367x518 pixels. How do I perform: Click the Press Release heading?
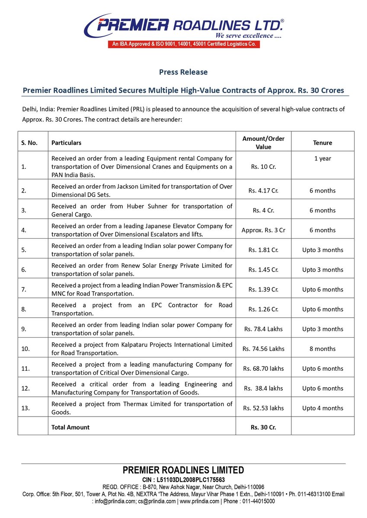click(183, 72)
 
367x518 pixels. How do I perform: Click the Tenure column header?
click(322, 142)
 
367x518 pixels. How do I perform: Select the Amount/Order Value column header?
click(263, 142)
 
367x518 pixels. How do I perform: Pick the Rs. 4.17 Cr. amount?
click(263, 190)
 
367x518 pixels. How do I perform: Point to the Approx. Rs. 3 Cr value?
click(263, 230)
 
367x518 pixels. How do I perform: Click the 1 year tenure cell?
click(322, 158)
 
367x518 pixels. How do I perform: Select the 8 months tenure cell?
click(322, 349)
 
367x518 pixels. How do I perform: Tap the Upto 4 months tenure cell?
click(322, 408)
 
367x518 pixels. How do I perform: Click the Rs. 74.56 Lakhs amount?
click(263, 349)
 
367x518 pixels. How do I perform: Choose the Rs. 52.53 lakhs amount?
click(263, 408)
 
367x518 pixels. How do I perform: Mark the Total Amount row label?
click(70, 427)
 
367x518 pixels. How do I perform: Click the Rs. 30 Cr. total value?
click(263, 427)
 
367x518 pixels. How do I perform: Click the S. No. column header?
click(29, 142)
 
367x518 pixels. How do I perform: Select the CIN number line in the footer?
click(183, 480)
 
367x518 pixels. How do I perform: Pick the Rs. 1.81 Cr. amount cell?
click(263, 250)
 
